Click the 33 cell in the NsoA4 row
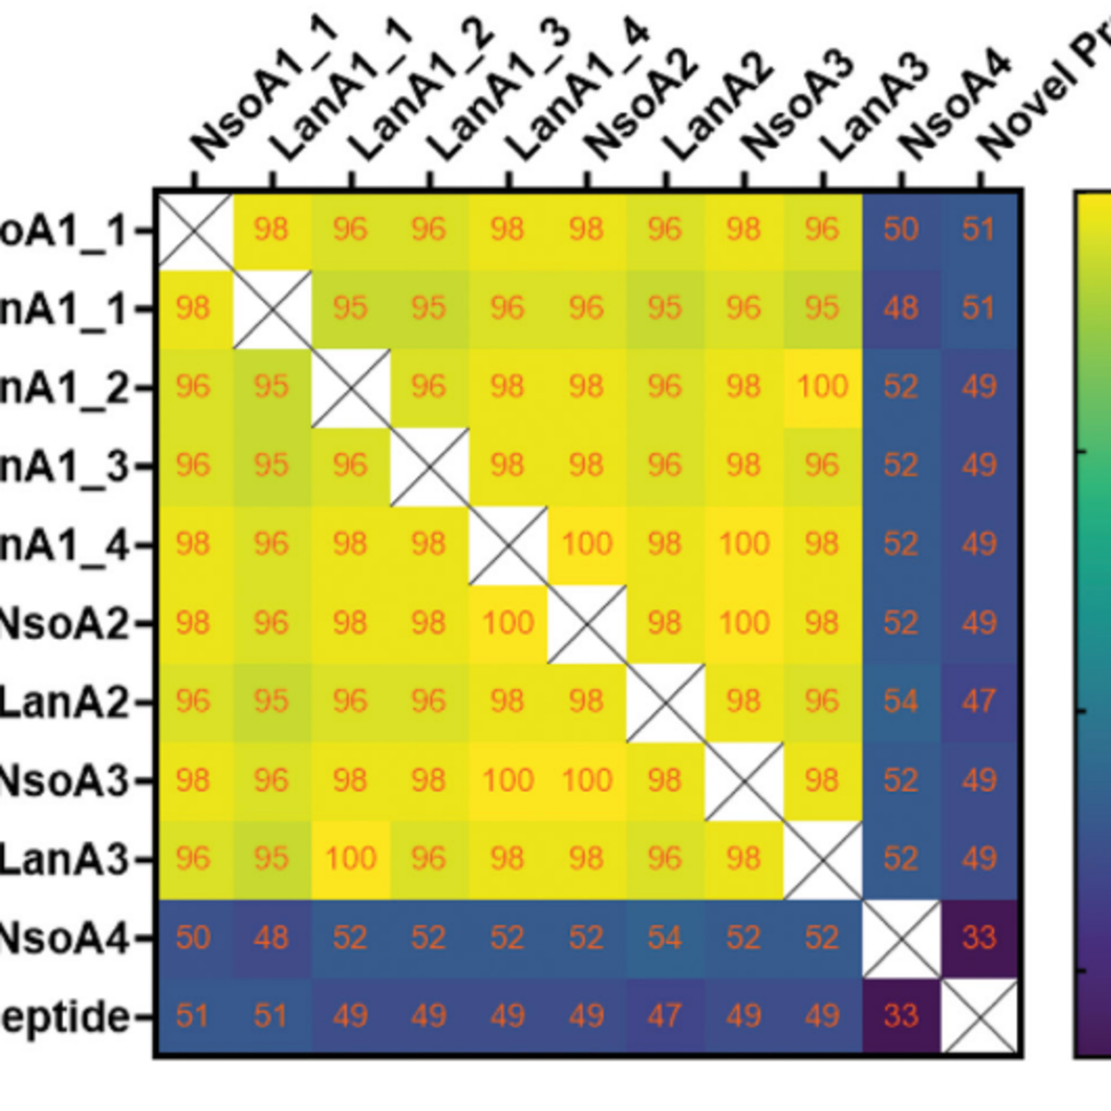click(979, 938)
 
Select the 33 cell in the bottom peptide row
click(901, 1016)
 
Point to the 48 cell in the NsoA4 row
click(271, 938)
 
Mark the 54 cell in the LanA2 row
click(901, 701)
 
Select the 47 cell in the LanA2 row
click(979, 701)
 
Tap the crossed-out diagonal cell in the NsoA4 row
click(901, 938)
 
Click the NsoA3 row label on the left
click(63, 780)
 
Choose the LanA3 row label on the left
click(63, 859)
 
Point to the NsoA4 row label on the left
click(63, 938)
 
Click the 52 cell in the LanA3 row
click(901, 859)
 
